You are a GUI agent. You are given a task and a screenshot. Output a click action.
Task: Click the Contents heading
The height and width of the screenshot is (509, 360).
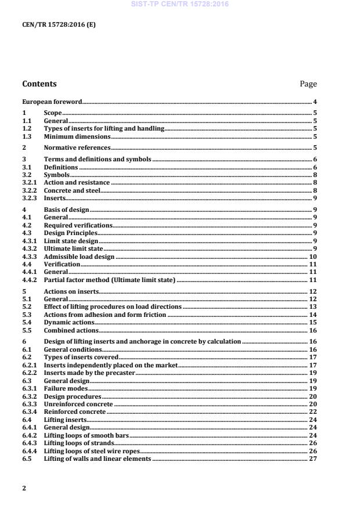pyautogui.click(x=39, y=84)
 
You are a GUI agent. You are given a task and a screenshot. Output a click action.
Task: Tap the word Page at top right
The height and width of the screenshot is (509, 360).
pyautogui.click(x=308, y=84)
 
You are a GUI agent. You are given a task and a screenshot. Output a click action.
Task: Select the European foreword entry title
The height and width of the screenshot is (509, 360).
pyautogui.click(x=52, y=102)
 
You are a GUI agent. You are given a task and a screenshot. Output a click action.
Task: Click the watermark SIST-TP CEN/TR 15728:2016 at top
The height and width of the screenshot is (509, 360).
pyautogui.click(x=179, y=4)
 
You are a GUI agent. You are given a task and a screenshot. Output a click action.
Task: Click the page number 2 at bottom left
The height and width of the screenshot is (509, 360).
pyautogui.click(x=24, y=488)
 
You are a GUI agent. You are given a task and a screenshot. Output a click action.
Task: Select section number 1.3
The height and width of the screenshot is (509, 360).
pyautogui.click(x=27, y=136)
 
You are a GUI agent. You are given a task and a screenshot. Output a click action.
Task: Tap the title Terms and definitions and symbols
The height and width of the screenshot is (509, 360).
pyautogui.click(x=98, y=159)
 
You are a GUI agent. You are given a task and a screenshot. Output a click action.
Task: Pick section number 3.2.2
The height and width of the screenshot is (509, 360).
pyautogui.click(x=29, y=190)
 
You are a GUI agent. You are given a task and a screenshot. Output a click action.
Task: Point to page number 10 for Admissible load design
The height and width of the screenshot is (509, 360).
pyautogui.click(x=312, y=256)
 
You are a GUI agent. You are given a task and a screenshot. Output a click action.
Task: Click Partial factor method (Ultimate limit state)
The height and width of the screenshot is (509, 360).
pyautogui.click(x=110, y=280)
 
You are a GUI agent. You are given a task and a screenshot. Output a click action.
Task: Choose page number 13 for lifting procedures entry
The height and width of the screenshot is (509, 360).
pyautogui.click(x=312, y=306)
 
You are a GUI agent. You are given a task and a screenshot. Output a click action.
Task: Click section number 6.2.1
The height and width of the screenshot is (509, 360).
pyautogui.click(x=29, y=365)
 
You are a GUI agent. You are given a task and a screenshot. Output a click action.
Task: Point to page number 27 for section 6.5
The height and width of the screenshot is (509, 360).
pyautogui.click(x=312, y=459)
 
